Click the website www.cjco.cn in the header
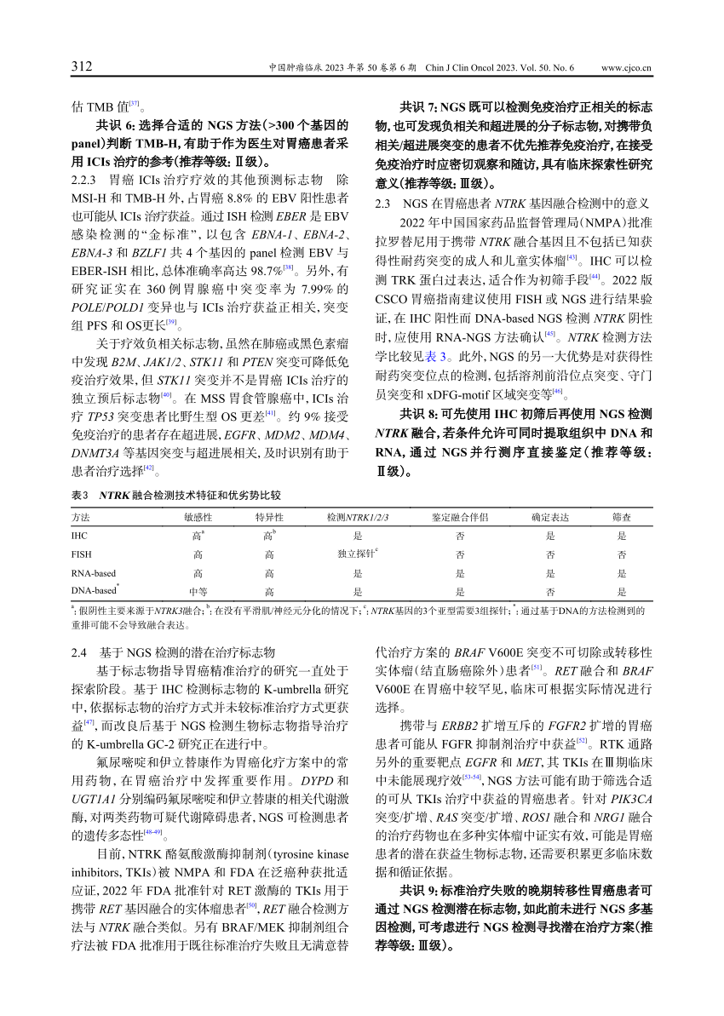tap(626, 67)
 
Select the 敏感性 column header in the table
tap(198, 517)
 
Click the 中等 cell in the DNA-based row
tap(198, 591)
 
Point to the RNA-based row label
tap(94, 573)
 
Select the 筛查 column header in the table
tap(622, 517)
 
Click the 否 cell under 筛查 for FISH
tap(622, 554)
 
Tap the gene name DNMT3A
tap(97, 453)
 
